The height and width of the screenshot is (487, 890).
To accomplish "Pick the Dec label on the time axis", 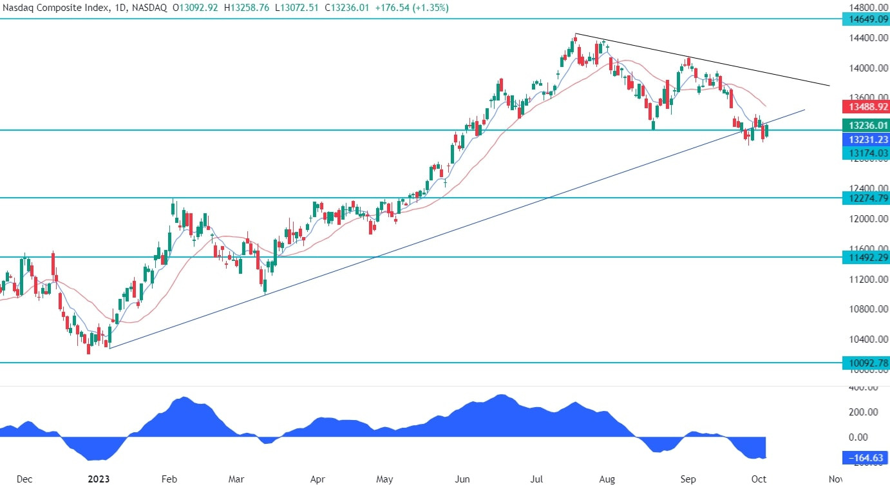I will click(24, 479).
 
